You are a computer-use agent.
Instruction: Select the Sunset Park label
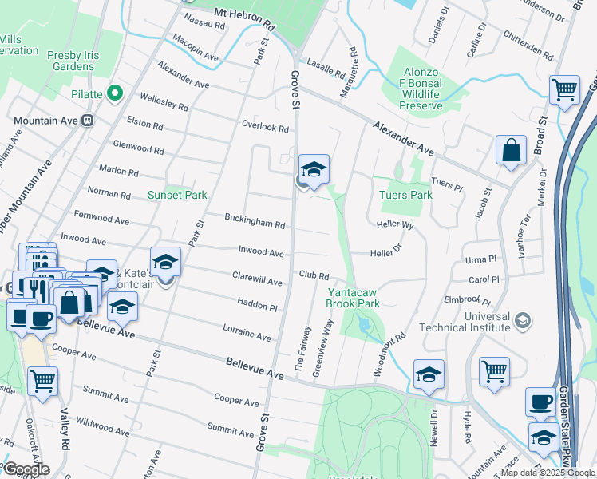click(x=177, y=195)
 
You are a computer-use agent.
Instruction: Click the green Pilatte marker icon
click(x=116, y=94)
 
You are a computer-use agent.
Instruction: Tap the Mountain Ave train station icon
click(x=87, y=121)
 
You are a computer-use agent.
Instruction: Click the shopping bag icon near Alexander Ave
click(x=511, y=151)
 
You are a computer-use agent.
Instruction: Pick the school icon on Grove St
click(x=314, y=169)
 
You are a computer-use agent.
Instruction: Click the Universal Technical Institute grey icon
click(x=522, y=319)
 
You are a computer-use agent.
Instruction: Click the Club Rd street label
click(x=314, y=275)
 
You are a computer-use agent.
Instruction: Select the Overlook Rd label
click(x=265, y=127)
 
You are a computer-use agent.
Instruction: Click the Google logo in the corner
click(x=26, y=469)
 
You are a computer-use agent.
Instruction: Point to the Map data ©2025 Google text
click(x=547, y=473)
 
